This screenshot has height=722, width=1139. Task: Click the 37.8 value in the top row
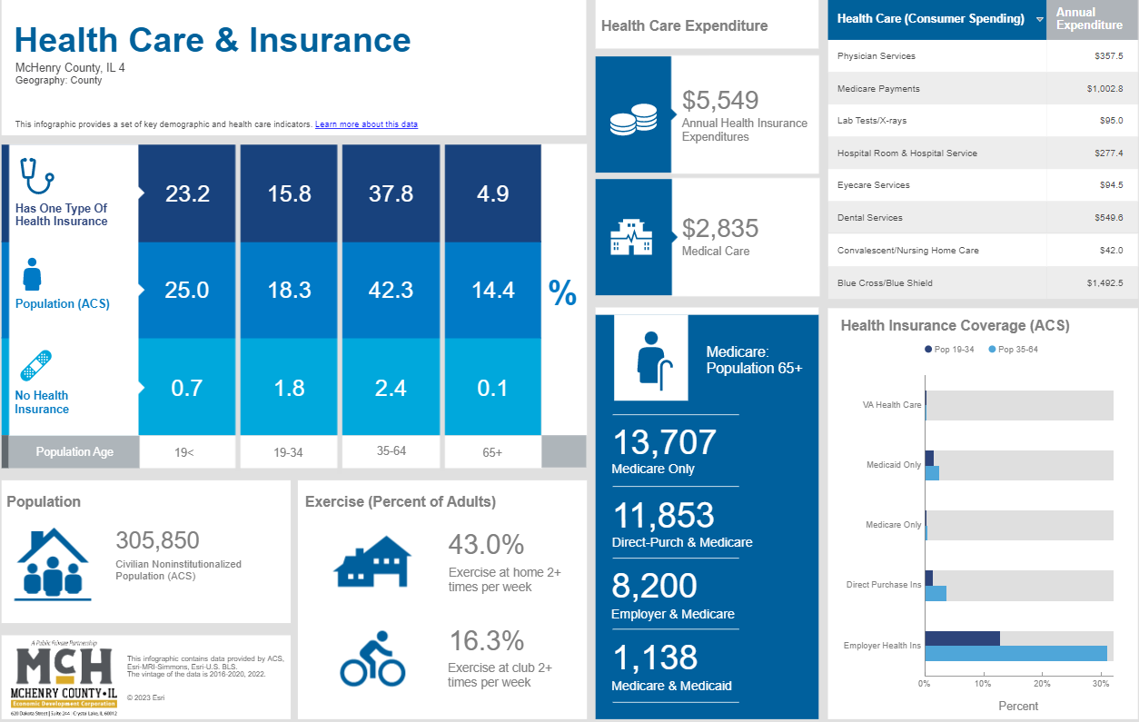pyautogui.click(x=391, y=193)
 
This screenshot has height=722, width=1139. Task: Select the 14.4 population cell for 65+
pyautogui.click(x=493, y=290)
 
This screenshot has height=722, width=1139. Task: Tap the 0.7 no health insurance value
pyautogui.click(x=187, y=388)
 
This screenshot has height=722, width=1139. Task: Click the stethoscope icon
pyautogui.click(x=37, y=175)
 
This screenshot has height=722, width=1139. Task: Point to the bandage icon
pyautogui.click(x=35, y=365)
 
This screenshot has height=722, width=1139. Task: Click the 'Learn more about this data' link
pyautogui.click(x=366, y=124)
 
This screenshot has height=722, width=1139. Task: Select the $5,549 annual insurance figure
pyautogui.click(x=720, y=100)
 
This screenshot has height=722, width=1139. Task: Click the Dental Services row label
pyautogui.click(x=870, y=218)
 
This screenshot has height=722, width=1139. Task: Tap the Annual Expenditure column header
pyautogui.click(x=1089, y=19)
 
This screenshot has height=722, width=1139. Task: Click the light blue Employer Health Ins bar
pyautogui.click(x=1015, y=653)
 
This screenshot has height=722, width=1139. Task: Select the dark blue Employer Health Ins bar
pyautogui.click(x=962, y=638)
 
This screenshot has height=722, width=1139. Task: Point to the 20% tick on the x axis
pyautogui.click(x=1042, y=683)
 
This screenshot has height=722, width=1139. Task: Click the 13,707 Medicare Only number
pyautogui.click(x=664, y=442)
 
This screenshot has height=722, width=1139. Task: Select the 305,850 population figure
pyautogui.click(x=157, y=540)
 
